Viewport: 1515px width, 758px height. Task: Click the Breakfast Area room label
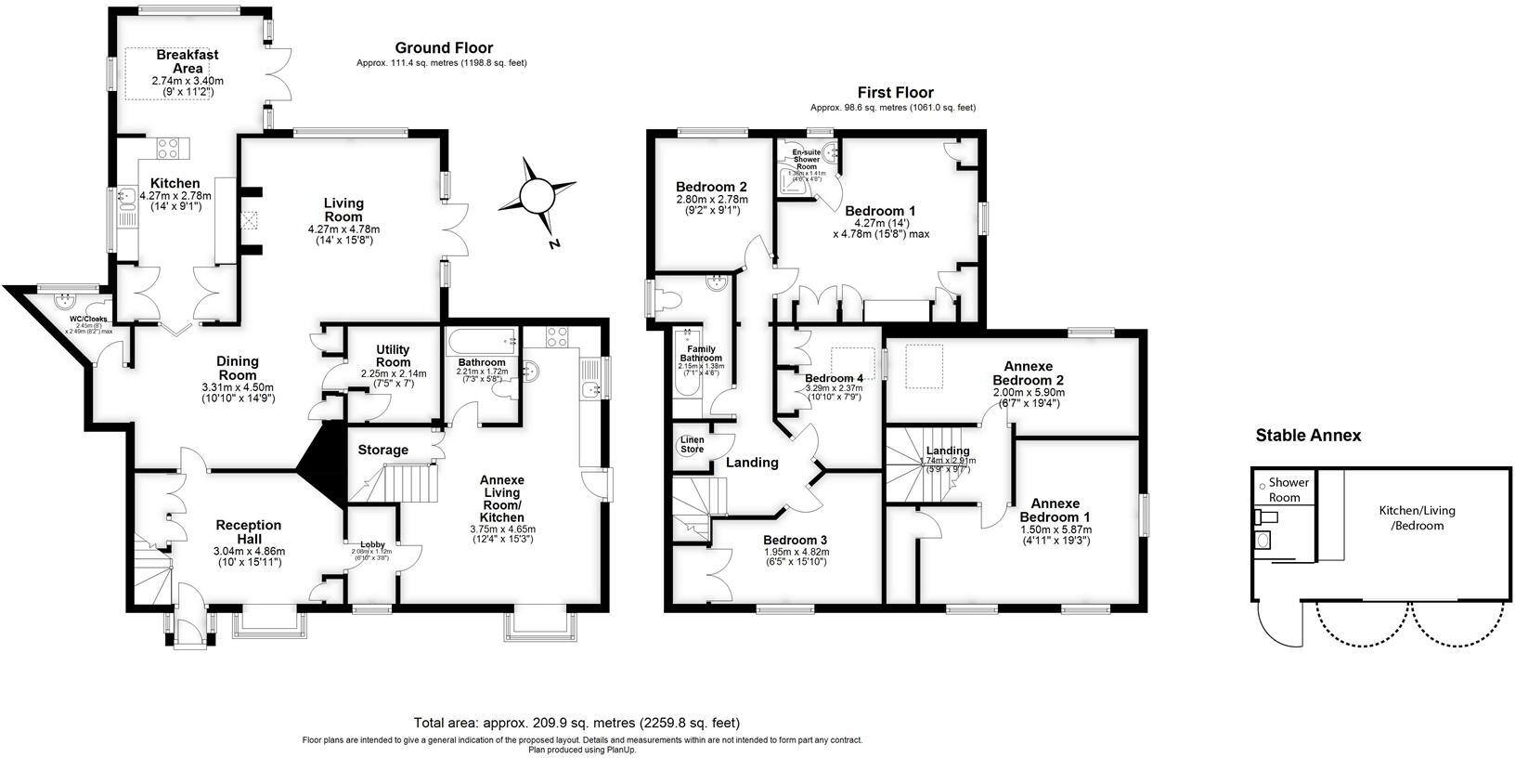click(x=187, y=61)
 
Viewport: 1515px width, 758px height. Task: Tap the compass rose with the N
click(x=536, y=196)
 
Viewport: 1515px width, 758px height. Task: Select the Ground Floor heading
click(x=444, y=48)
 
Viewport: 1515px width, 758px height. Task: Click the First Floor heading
click(x=895, y=93)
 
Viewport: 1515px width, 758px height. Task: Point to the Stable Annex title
click(x=1308, y=436)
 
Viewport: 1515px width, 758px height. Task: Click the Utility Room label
click(x=393, y=356)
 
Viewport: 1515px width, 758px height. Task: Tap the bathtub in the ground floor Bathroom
click(x=482, y=340)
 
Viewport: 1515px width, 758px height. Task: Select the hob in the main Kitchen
click(x=171, y=147)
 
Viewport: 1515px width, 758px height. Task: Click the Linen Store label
click(x=692, y=444)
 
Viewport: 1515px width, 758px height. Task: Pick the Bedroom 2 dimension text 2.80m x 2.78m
click(x=711, y=200)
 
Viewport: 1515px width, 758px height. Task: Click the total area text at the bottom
click(x=576, y=723)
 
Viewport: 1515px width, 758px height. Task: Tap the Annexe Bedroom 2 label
click(x=1028, y=373)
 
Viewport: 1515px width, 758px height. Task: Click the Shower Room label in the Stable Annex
click(x=1288, y=490)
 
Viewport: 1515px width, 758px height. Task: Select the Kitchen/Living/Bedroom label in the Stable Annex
click(x=1417, y=517)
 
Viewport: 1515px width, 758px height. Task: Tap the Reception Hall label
click(x=248, y=532)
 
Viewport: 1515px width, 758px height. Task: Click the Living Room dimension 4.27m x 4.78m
click(x=343, y=229)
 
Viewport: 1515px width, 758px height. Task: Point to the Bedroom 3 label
click(x=795, y=540)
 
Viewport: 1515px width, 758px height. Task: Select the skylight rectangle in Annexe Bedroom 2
click(x=924, y=364)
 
